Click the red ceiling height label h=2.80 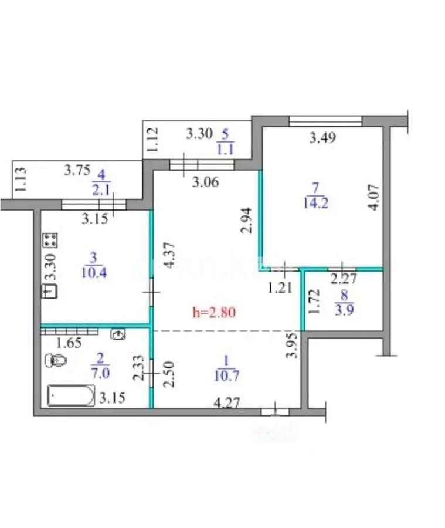click(214, 312)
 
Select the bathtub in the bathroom click(70, 396)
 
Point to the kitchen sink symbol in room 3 click(49, 290)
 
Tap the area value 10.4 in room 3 click(93, 273)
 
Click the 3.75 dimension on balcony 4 click(76, 171)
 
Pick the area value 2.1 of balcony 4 click(98, 189)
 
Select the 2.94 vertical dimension click(246, 220)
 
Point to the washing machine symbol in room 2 click(119, 334)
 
